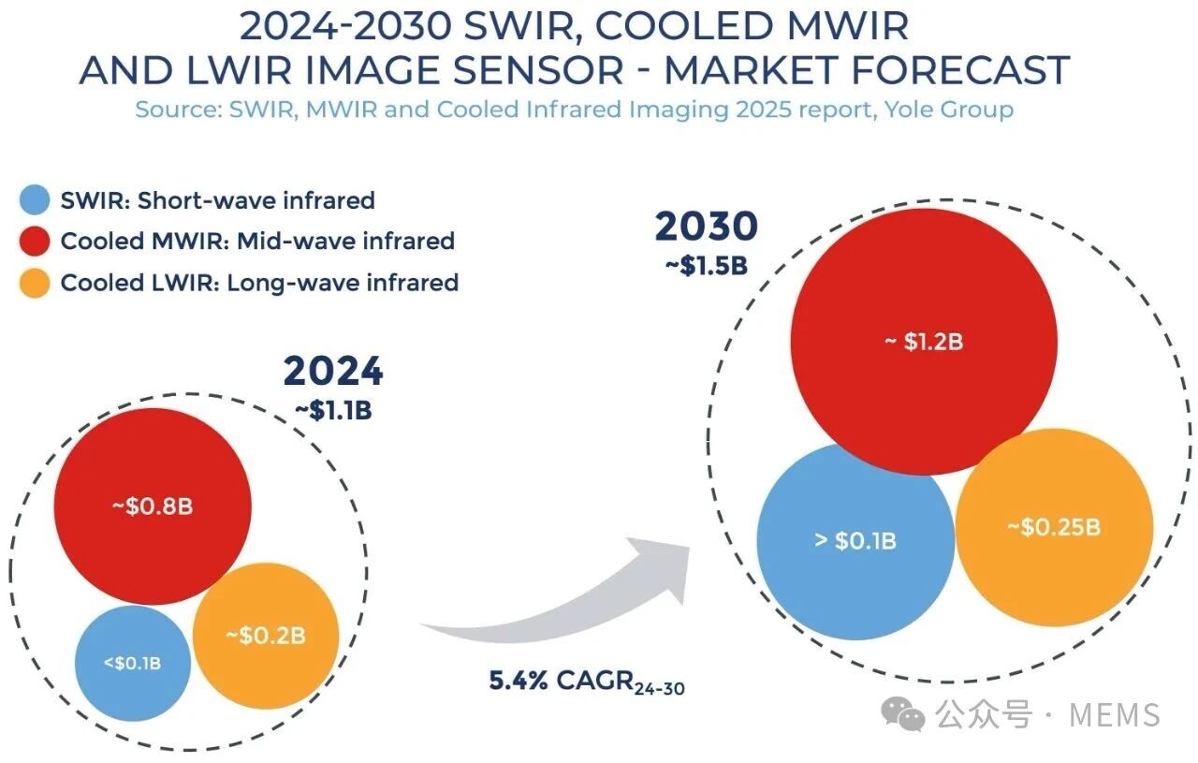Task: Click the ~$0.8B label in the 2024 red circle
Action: coord(153,506)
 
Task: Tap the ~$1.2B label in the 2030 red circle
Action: coord(924,342)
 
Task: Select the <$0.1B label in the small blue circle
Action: coord(132,663)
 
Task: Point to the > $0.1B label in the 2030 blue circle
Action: coord(855,540)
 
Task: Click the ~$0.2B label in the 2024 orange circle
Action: coord(266,636)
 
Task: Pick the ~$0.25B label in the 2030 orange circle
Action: coord(1054,527)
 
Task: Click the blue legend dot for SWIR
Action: coord(35,200)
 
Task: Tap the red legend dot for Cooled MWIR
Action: coord(35,242)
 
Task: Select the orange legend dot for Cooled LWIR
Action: coord(35,283)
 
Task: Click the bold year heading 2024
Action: coord(333,372)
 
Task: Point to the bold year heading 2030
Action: coord(706,227)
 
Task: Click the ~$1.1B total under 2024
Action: coord(333,410)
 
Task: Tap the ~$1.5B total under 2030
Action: coord(706,265)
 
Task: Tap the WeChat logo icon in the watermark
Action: coord(904,715)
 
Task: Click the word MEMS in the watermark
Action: coord(1114,715)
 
